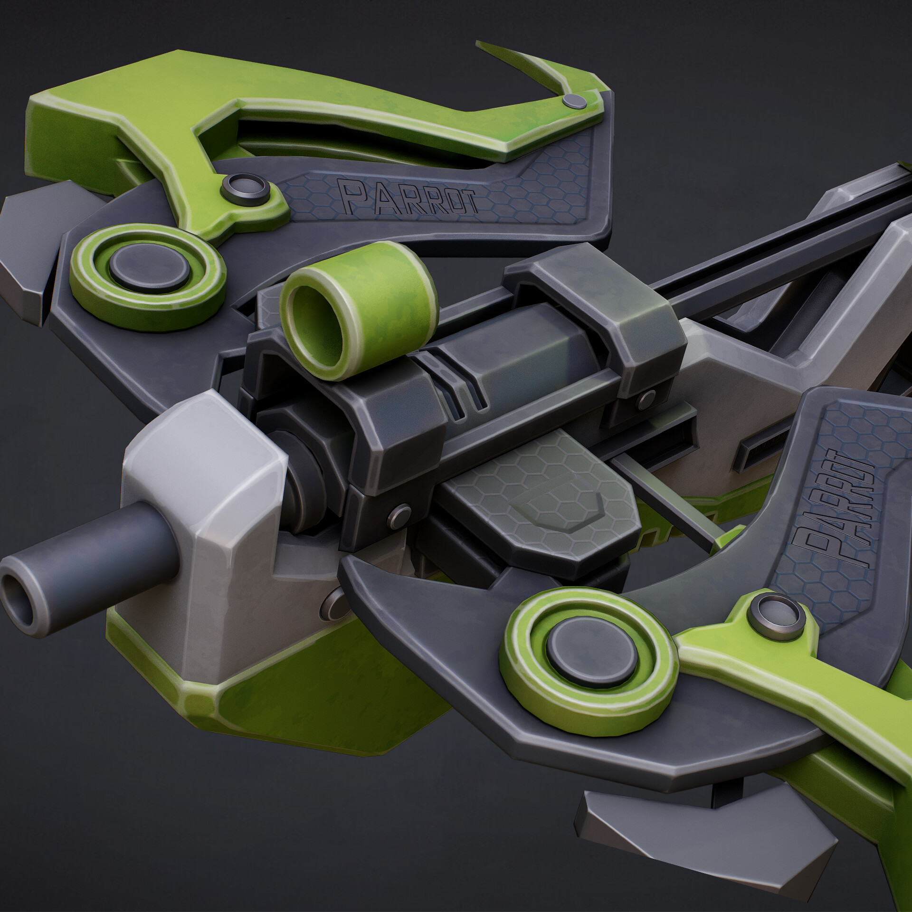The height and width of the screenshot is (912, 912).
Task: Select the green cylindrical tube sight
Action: (357, 309)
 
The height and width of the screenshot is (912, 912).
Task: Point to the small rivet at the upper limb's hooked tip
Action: (574, 101)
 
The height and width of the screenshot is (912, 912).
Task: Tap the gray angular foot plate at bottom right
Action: (703, 836)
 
